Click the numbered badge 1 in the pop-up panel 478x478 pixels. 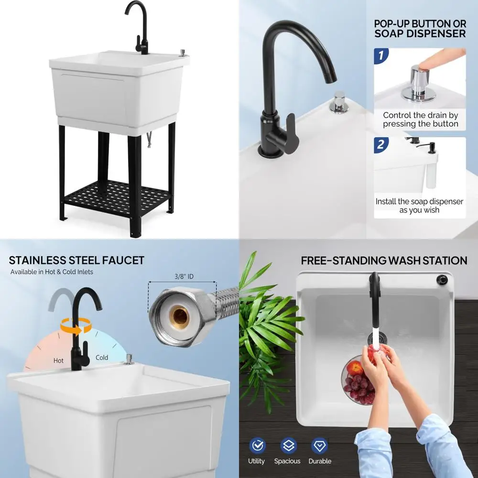[381, 55]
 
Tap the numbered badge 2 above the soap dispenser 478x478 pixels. [381, 144]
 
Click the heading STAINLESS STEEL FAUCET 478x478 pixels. [76, 261]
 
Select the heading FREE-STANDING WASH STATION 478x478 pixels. [384, 261]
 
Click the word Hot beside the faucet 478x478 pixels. [58, 360]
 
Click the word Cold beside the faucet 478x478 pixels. [102, 357]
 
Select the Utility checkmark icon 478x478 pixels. [257, 445]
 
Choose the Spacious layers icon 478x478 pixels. [288, 445]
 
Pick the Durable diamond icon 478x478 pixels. [319, 445]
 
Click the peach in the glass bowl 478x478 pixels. [355, 368]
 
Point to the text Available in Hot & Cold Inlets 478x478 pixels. [52, 272]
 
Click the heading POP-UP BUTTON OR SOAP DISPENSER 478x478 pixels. [419, 28]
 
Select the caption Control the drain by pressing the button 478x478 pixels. [421, 119]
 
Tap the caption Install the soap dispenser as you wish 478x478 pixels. [419, 206]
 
